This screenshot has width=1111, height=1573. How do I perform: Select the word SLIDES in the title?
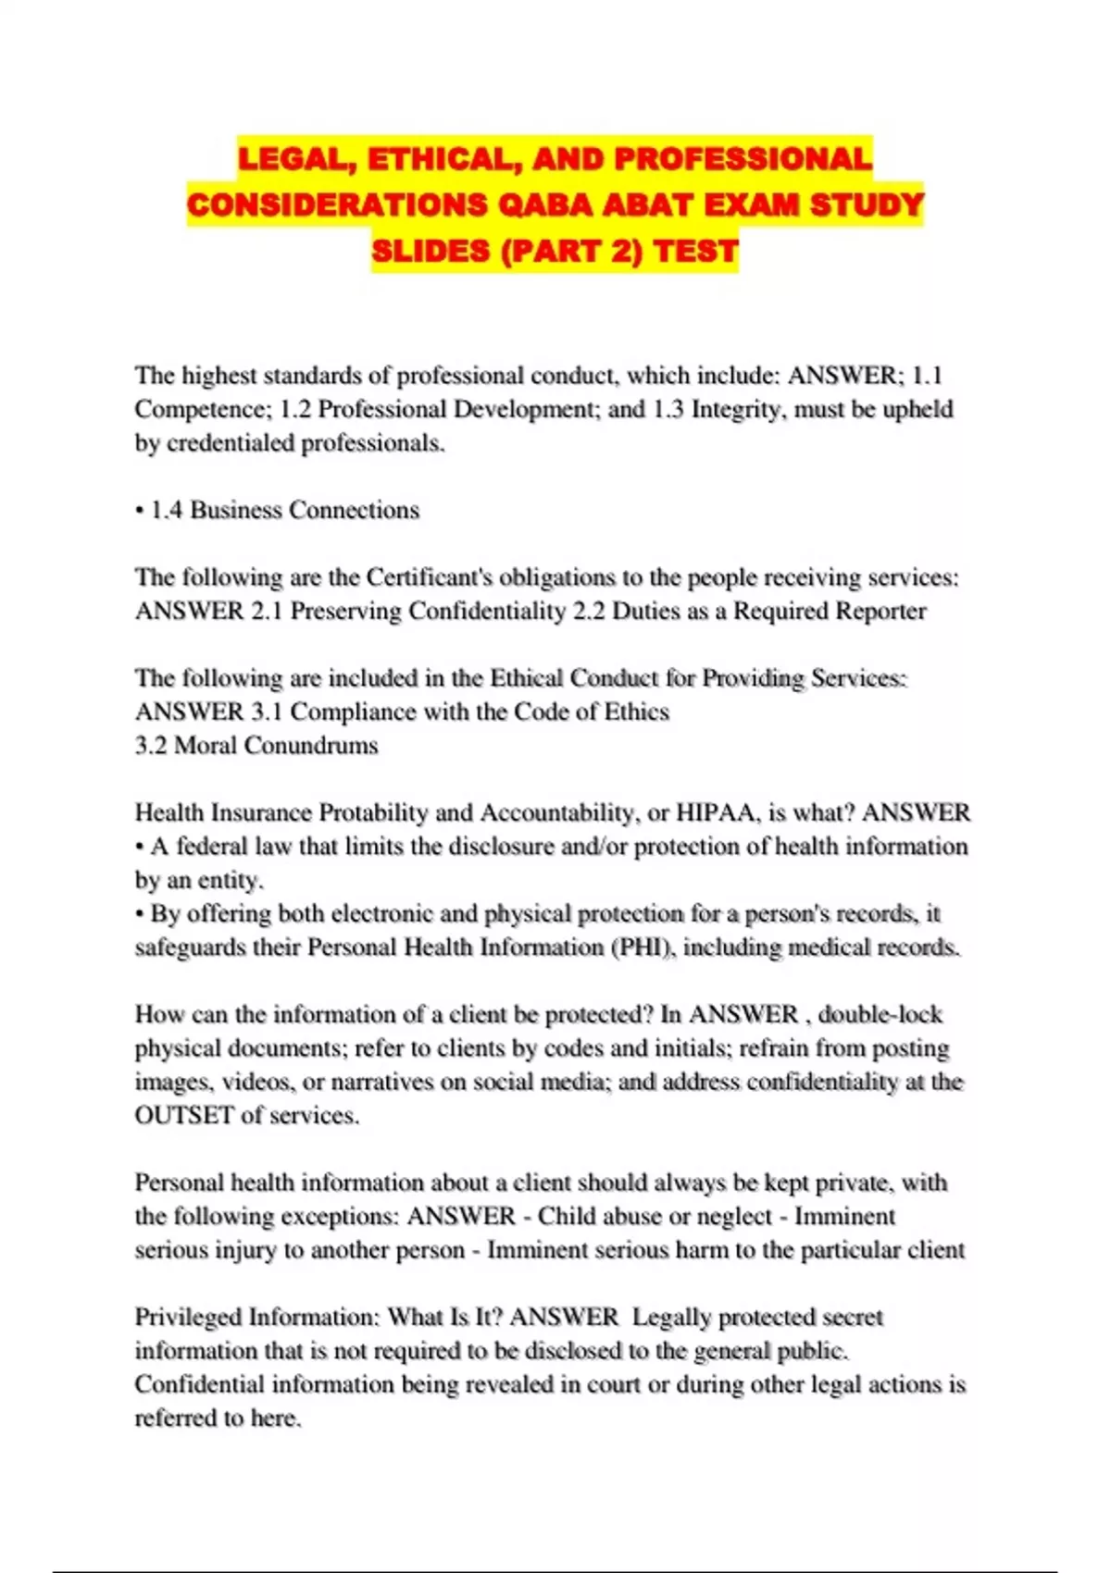pyautogui.click(x=431, y=251)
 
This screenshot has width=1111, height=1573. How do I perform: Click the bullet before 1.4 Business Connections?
pyautogui.click(x=139, y=511)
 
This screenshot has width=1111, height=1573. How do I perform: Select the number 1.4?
pyautogui.click(x=168, y=510)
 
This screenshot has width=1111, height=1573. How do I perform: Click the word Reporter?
pyautogui.click(x=880, y=611)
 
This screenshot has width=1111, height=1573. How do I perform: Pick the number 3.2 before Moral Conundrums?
pyautogui.click(x=151, y=746)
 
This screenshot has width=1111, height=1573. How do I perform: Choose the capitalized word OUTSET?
pyautogui.click(x=184, y=1115)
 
